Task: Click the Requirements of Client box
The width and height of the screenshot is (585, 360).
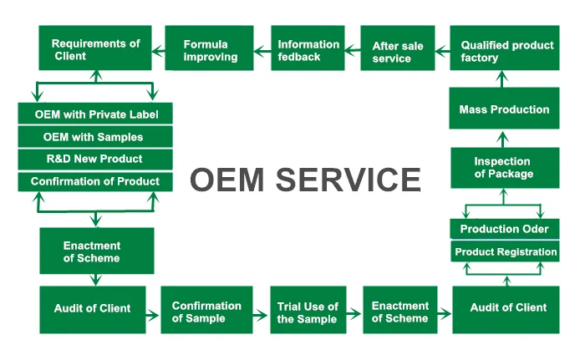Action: [95, 48]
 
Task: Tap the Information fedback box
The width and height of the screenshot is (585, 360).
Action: [308, 49]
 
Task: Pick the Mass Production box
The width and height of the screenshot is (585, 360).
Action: [504, 109]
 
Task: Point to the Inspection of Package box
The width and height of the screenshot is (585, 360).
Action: [504, 167]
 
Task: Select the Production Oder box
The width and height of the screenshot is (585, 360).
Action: [504, 229]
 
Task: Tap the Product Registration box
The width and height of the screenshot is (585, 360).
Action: [504, 251]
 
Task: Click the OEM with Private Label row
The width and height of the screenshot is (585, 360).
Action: [95, 114]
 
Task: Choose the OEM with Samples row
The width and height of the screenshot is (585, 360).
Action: [95, 136]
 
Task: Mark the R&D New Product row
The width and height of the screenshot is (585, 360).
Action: [95, 159]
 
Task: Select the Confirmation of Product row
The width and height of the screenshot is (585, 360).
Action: [95, 181]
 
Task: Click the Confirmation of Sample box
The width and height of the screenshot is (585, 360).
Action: [206, 311]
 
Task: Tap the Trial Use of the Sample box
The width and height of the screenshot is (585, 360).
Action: [308, 311]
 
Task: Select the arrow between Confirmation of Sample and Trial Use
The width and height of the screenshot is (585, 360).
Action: [260, 316]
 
